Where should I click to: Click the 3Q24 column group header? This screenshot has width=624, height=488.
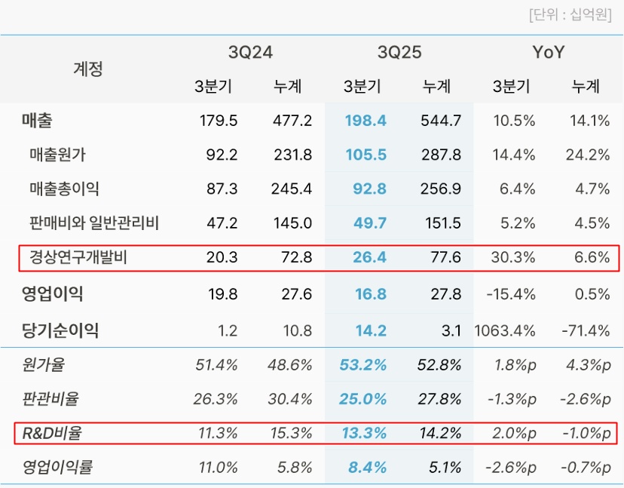click(x=250, y=53)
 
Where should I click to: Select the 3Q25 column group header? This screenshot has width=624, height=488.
click(x=399, y=53)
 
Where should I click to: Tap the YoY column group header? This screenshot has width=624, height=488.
click(x=548, y=53)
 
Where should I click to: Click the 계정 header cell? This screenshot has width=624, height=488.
click(x=87, y=69)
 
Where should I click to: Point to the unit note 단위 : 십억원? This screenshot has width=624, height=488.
click(x=570, y=15)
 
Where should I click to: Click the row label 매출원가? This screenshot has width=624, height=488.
click(x=57, y=155)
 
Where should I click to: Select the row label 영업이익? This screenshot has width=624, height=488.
click(x=53, y=293)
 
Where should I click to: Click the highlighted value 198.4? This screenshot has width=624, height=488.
click(x=365, y=121)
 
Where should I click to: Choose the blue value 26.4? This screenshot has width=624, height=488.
click(x=369, y=258)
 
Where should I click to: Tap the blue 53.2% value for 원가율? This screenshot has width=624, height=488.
click(x=363, y=365)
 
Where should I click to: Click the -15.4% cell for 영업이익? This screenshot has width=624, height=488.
click(x=512, y=293)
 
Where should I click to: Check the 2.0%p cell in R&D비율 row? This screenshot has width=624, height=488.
click(x=514, y=433)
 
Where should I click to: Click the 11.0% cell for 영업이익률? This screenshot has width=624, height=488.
click(x=216, y=468)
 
